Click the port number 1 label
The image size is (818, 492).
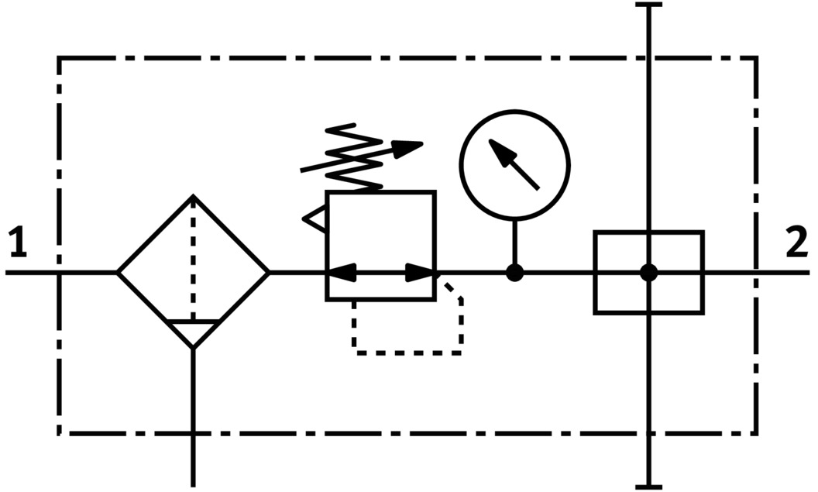[x=18, y=243]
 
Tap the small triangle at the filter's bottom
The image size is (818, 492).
[x=193, y=333]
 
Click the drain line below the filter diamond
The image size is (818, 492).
[x=193, y=418]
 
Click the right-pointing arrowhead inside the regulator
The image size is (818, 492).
[x=420, y=273]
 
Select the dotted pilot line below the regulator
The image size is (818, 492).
[x=407, y=353]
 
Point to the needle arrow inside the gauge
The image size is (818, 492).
[x=514, y=164]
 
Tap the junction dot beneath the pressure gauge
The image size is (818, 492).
[x=514, y=273]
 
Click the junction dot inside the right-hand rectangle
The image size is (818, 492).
[x=648, y=273]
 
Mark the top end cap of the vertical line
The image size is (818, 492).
[x=648, y=5]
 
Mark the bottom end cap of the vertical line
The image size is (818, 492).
[x=648, y=487]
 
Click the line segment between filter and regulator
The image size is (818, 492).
[x=297, y=273]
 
